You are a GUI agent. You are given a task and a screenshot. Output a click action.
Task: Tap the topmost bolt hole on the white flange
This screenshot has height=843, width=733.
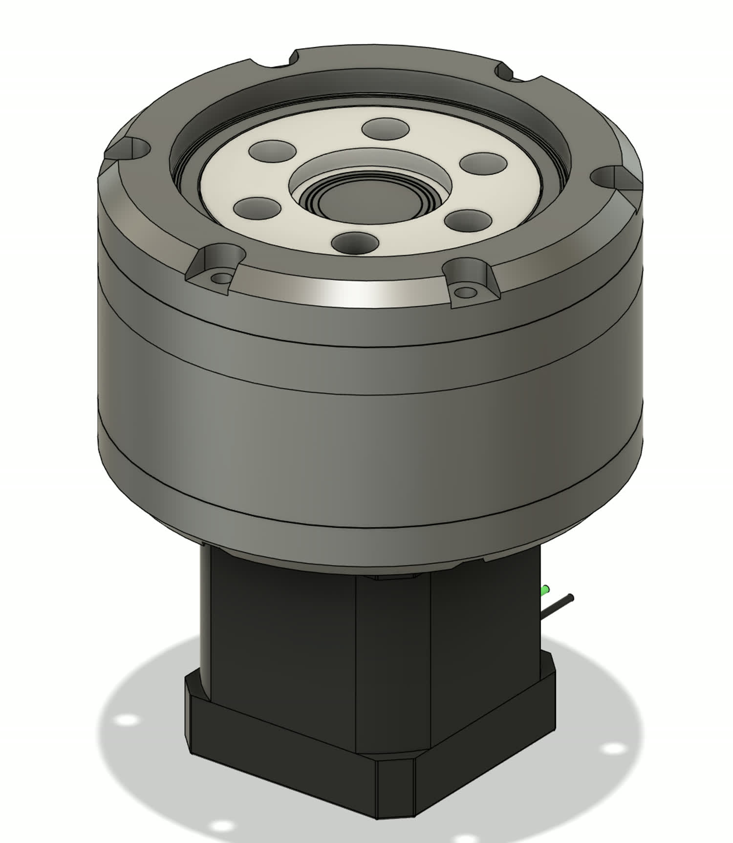pyautogui.click(x=386, y=129)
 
